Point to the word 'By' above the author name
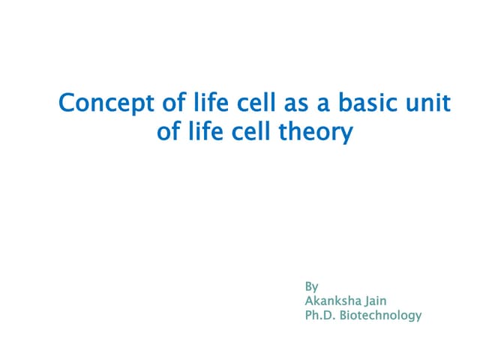pyautogui.click(x=311, y=287)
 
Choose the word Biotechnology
pyautogui.click(x=381, y=316)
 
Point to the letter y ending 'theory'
pyautogui.click(x=345, y=135)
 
